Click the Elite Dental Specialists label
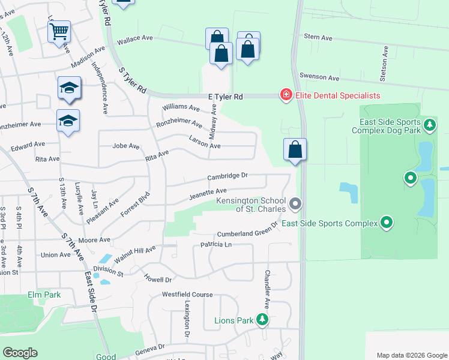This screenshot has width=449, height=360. (337, 95)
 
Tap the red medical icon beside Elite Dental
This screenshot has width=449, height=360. (286, 95)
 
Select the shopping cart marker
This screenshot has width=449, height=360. (59, 31)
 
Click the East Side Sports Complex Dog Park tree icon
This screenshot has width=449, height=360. (429, 125)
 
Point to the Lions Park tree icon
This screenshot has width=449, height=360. (262, 320)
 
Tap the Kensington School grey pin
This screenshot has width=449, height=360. (295, 204)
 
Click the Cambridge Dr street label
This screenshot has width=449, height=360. (228, 176)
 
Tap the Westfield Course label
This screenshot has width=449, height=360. (187, 295)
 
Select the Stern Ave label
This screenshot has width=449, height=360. (318, 38)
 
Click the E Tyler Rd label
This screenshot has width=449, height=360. (225, 96)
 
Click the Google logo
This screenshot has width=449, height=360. (20, 353)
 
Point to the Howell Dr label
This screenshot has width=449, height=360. (158, 279)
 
